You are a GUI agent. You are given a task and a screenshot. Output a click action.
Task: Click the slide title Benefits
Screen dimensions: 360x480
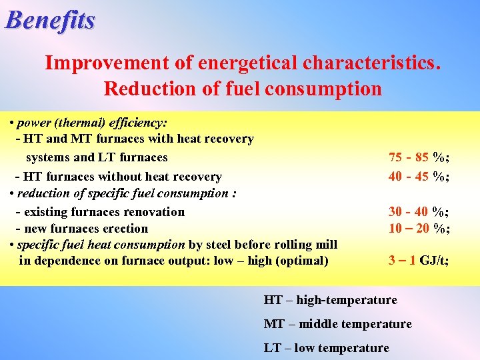point(50,20)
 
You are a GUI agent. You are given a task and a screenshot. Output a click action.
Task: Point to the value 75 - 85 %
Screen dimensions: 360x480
point(419,158)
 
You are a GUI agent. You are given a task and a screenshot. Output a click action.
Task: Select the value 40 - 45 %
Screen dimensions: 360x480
point(419,177)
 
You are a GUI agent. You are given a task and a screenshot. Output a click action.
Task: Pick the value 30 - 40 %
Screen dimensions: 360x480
point(419,212)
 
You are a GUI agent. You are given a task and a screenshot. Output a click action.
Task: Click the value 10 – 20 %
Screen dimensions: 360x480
point(419,228)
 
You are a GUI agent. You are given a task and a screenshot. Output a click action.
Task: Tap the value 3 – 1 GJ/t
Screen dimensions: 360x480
point(419,261)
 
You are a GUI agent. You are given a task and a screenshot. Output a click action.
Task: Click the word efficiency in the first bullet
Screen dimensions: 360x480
point(140,123)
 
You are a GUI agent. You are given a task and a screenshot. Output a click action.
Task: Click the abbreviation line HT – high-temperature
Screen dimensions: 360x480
point(330,300)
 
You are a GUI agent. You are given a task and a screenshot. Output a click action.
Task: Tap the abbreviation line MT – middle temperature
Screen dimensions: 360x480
point(337,324)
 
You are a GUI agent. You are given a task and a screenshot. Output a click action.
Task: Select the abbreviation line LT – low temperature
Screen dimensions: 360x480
point(326,348)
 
